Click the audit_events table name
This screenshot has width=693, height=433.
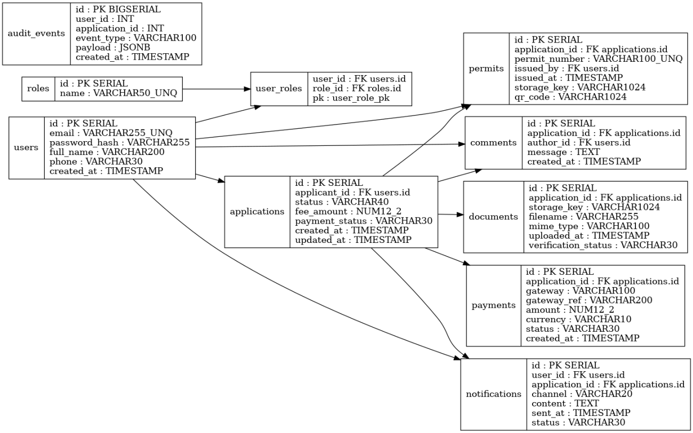tap(36, 34)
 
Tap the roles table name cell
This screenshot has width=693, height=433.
tap(38, 89)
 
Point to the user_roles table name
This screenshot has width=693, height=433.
tap(279, 89)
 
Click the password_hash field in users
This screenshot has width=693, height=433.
tap(119, 142)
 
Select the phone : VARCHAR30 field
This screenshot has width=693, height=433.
tap(96, 161)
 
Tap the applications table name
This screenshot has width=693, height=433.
tap(257, 211)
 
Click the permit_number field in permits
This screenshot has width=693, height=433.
tap(598, 59)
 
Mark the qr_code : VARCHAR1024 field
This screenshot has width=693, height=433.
tap(570, 97)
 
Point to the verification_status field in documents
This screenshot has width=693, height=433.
tap(603, 245)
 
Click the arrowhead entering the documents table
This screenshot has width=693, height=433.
tap(460, 215)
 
